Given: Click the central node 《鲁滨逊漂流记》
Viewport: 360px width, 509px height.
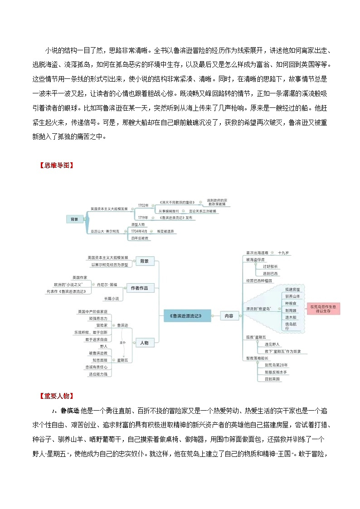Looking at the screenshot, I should [x=187, y=316].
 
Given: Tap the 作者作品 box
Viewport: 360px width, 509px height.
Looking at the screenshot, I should [x=142, y=288].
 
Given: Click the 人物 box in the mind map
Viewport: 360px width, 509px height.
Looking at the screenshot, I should [x=144, y=343].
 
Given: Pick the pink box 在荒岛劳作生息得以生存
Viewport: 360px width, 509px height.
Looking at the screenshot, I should [x=323, y=309].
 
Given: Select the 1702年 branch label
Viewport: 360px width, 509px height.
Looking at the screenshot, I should [x=143, y=205].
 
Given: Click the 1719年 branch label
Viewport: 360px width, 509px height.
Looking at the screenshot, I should [x=143, y=218].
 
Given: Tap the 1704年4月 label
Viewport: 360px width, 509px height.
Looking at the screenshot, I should [x=139, y=231].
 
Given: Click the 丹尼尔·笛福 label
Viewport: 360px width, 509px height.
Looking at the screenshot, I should [x=107, y=284].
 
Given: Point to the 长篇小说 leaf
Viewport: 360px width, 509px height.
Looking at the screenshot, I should [x=111, y=298].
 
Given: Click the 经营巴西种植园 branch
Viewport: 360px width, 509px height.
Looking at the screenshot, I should [x=259, y=281].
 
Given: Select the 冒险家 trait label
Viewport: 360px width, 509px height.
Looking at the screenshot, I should [x=102, y=325].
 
